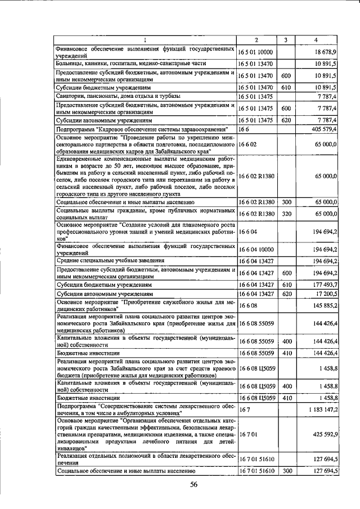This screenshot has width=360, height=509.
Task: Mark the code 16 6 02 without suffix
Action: point(247,145)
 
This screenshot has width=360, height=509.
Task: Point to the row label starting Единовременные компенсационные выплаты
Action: point(145,176)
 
